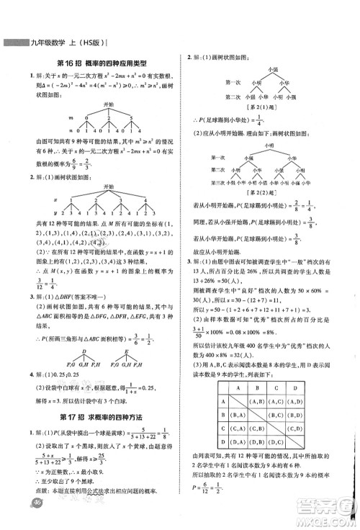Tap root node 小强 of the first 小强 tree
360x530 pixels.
tap(272, 68)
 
